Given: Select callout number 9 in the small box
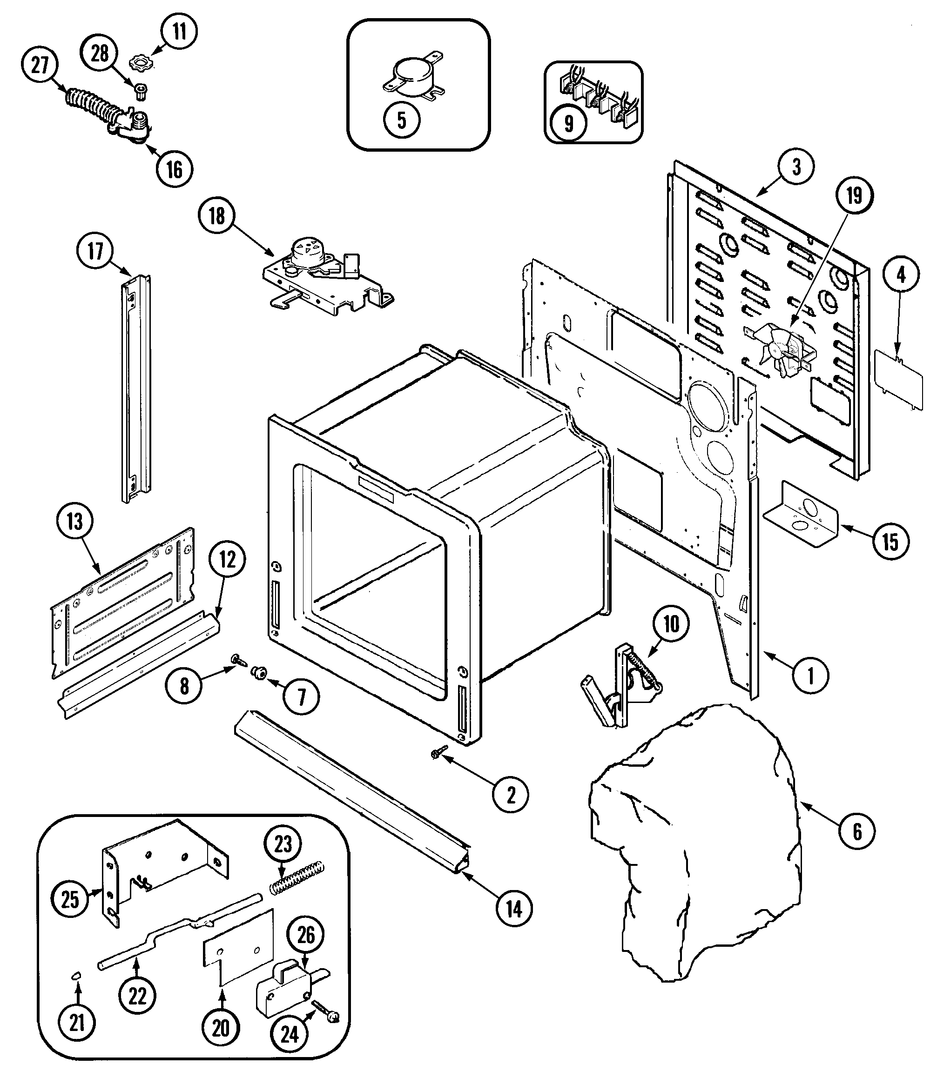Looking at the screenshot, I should pyautogui.click(x=568, y=124).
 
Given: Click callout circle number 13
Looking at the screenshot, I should pyautogui.click(x=75, y=521).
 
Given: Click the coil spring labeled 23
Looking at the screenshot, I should pyautogui.click(x=297, y=879).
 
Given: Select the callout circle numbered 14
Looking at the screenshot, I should pyautogui.click(x=514, y=909).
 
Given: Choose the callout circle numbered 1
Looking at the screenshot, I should pyautogui.click(x=810, y=676).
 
